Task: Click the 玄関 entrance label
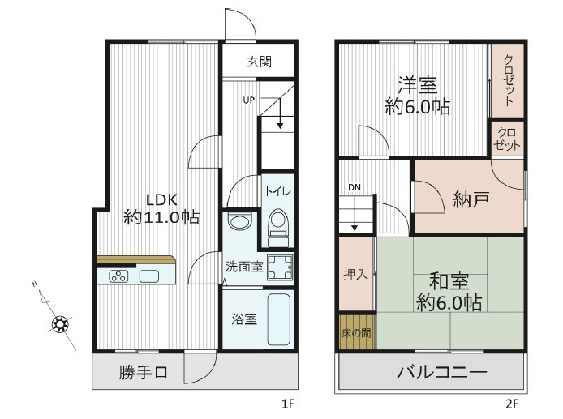click(x=259, y=62)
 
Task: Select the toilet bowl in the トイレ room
click(x=278, y=224)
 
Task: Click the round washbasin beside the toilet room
click(x=239, y=223)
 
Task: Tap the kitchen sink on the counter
click(x=149, y=276)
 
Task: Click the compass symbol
click(x=59, y=325)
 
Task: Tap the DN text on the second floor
click(x=355, y=188)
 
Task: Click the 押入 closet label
click(x=356, y=274)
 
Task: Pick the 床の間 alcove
click(x=356, y=332)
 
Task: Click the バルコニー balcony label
click(x=441, y=374)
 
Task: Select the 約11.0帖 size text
click(x=161, y=217)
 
